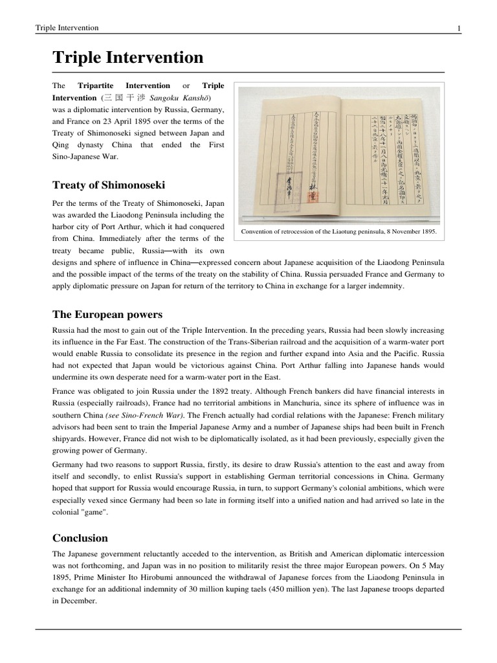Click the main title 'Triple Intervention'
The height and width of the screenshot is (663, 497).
(x=127, y=58)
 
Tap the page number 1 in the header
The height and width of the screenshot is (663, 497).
(x=458, y=28)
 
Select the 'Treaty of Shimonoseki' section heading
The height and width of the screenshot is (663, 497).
(x=107, y=185)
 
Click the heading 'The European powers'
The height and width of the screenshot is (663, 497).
(x=107, y=315)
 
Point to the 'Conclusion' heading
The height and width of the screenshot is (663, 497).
(x=80, y=538)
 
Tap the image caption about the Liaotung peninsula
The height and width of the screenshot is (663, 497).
(x=338, y=231)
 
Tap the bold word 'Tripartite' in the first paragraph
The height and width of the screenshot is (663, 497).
(x=96, y=85)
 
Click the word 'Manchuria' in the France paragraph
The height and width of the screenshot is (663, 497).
(x=291, y=403)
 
